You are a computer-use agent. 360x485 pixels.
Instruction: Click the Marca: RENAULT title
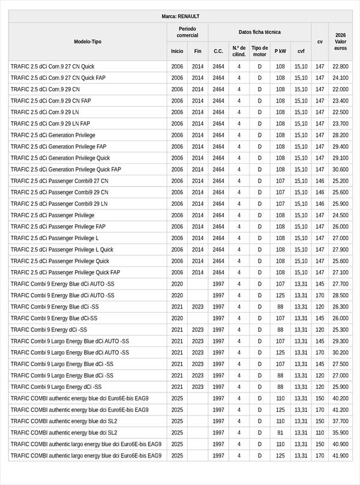click(180, 16)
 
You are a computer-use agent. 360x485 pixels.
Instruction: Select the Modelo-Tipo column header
click(88, 41)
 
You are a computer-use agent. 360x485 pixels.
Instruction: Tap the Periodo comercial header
click(187, 32)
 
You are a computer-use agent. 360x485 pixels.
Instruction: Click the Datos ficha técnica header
click(259, 32)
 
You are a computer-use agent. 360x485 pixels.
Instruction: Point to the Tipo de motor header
click(259, 51)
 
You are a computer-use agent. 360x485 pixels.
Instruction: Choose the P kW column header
click(280, 51)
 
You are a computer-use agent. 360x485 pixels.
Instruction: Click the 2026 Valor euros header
click(340, 41)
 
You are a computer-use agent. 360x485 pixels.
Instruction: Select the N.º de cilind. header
click(239, 51)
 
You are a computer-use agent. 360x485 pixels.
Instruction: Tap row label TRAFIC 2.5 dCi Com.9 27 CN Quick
click(52, 67)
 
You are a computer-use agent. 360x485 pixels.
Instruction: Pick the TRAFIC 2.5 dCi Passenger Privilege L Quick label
click(62, 250)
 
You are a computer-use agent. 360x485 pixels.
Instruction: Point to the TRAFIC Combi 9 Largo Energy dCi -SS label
click(56, 387)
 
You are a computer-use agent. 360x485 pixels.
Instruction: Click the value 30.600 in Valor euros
click(340, 169)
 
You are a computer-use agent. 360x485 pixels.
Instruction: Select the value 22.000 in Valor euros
click(340, 89)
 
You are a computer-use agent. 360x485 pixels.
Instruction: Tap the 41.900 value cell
click(340, 456)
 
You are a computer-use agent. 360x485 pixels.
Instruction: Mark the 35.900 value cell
click(340, 433)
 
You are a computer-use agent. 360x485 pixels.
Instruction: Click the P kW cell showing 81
click(280, 433)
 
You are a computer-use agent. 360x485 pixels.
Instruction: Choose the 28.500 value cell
click(340, 295)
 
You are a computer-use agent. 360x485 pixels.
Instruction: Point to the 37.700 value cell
click(340, 421)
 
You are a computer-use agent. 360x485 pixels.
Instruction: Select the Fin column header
click(198, 51)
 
